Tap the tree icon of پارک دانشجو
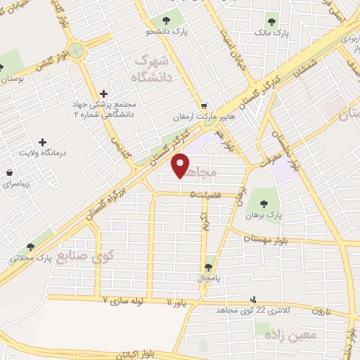[x=166, y=20]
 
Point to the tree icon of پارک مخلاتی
[x=30, y=246]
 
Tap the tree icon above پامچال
[x=208, y=266]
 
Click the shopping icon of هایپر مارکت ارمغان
[x=203, y=105]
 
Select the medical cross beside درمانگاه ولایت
[x=42, y=141]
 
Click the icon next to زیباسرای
[x=8, y=173]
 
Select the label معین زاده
[x=290, y=335]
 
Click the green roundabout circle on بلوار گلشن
[x=76, y=51]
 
